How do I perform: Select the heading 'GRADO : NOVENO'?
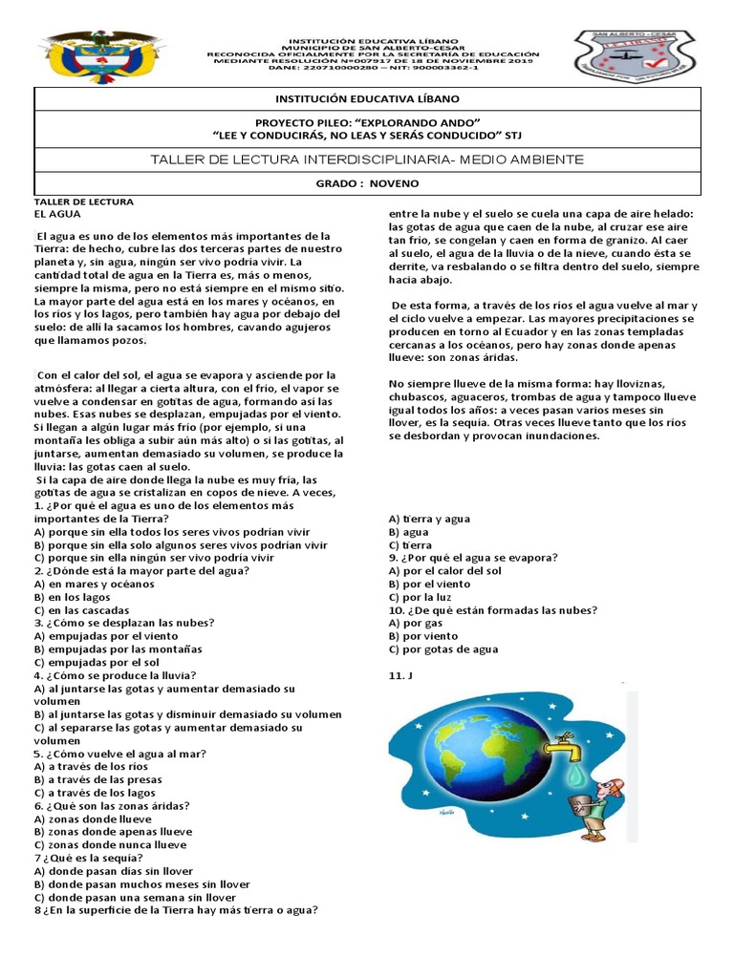click(367, 182)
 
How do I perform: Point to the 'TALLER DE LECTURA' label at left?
click(84, 202)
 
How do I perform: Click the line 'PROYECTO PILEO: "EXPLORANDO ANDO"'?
click(367, 123)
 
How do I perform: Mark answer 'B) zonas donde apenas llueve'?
click(113, 832)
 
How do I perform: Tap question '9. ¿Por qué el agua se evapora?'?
click(473, 558)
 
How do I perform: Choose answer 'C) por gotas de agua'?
click(443, 649)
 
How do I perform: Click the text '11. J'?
click(399, 675)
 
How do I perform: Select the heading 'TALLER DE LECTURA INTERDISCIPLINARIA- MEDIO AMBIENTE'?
click(367, 158)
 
